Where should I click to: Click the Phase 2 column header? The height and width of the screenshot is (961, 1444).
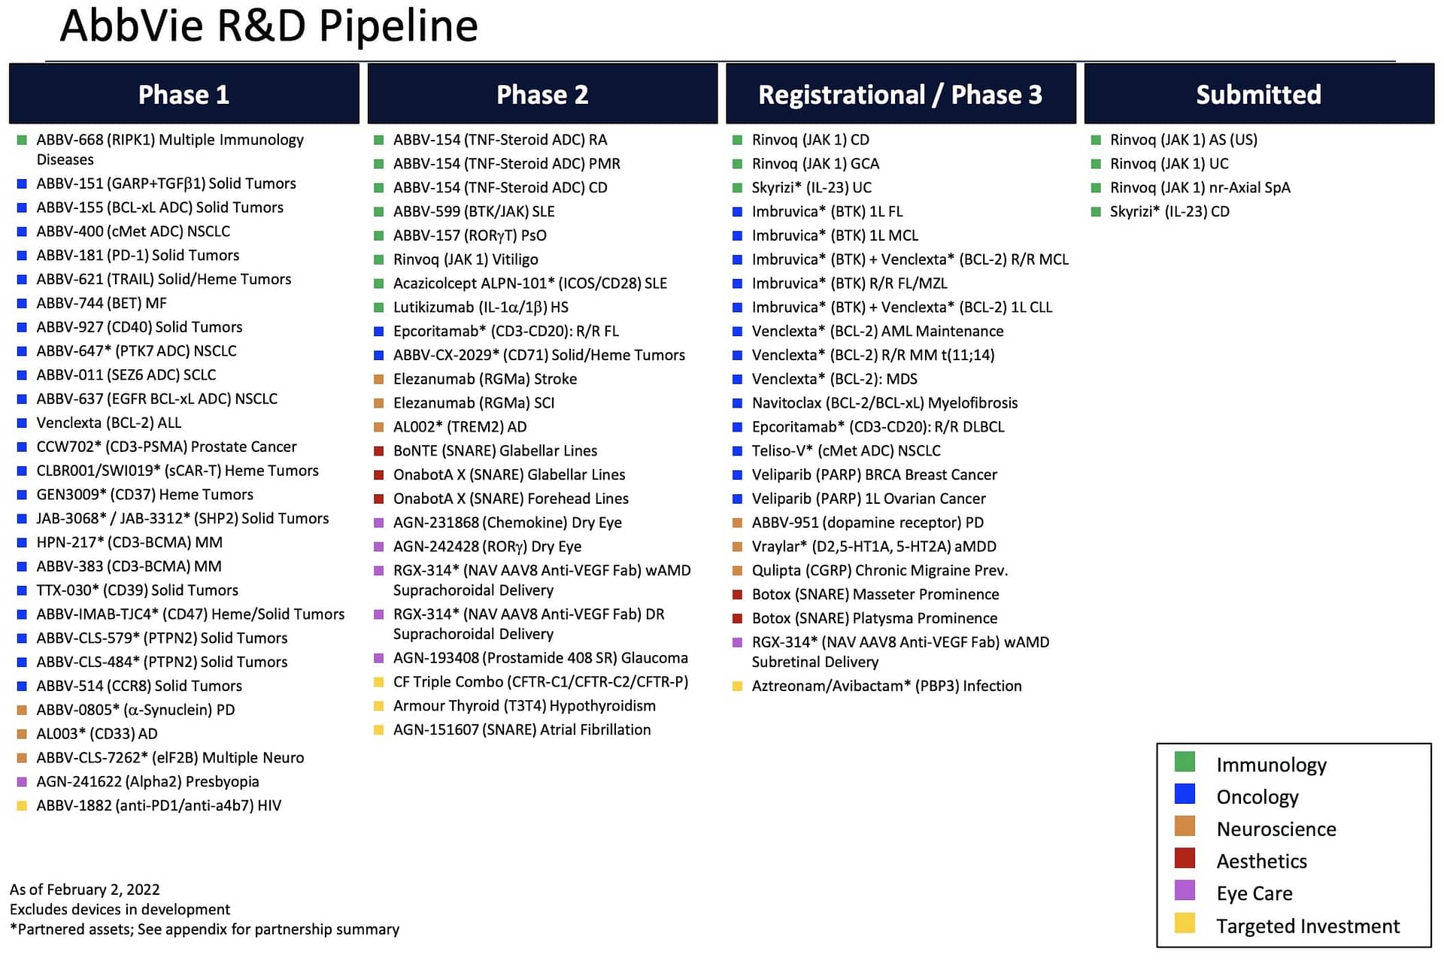click(542, 94)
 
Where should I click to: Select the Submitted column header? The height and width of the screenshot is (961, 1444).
click(1259, 94)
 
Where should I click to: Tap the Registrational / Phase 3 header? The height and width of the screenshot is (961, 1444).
click(900, 94)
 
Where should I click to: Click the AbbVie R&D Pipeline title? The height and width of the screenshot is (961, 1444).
click(268, 26)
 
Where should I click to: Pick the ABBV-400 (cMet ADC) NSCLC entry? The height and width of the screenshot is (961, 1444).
click(133, 232)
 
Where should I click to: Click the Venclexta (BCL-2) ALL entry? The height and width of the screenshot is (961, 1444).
click(109, 423)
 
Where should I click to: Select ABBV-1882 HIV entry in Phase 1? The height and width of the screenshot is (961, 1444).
click(159, 805)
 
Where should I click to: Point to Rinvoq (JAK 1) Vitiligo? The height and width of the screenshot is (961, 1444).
click(466, 259)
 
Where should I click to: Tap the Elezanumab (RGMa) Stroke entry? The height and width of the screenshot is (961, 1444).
click(485, 379)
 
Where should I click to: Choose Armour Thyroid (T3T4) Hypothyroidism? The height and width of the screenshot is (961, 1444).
click(524, 706)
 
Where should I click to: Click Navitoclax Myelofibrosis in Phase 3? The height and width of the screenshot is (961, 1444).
click(884, 403)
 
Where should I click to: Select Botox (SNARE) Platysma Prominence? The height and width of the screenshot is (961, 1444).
click(875, 618)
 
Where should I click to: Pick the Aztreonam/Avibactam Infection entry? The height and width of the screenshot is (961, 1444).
click(887, 686)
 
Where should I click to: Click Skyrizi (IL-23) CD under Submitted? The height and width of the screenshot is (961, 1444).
click(1169, 211)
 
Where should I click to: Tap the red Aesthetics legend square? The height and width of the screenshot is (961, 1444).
click(1185, 858)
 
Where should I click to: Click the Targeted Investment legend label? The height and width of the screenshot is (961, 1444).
click(1308, 926)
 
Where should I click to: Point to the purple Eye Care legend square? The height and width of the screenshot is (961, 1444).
click(1185, 890)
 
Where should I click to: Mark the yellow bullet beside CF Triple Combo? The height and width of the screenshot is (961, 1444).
click(379, 682)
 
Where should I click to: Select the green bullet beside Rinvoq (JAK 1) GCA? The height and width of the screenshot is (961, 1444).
click(738, 164)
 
